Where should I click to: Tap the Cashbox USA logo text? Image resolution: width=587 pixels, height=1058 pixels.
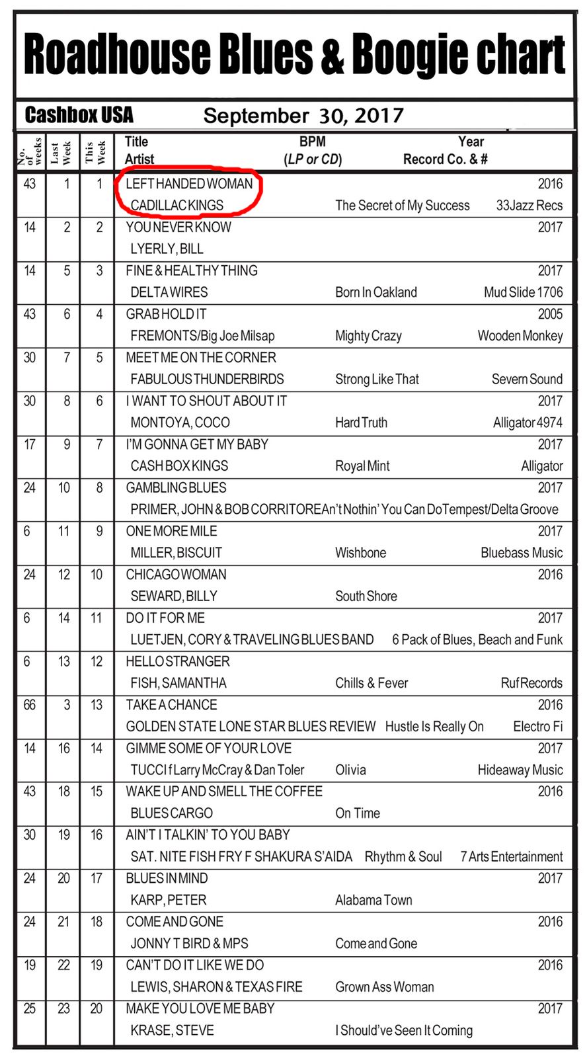pyautogui.click(x=79, y=115)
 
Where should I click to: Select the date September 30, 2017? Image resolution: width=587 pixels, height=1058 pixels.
pyautogui.click(x=303, y=116)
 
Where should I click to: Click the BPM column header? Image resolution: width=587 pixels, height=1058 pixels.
pyautogui.click(x=312, y=142)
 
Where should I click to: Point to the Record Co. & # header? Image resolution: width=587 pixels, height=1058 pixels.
pyautogui.click(x=446, y=159)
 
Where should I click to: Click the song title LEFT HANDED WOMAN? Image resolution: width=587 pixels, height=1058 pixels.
pyautogui.click(x=189, y=184)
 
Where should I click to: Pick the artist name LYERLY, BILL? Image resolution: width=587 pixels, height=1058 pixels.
pyautogui.click(x=167, y=249)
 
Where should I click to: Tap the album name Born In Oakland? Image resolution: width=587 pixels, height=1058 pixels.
pyautogui.click(x=375, y=292)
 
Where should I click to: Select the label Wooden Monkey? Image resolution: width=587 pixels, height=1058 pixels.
pyautogui.click(x=520, y=336)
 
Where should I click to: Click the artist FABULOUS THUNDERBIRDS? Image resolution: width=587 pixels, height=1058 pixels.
pyautogui.click(x=207, y=379)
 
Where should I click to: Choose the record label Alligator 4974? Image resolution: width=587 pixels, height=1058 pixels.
pyautogui.click(x=528, y=423)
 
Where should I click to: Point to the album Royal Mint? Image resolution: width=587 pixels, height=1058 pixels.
pyautogui.click(x=362, y=466)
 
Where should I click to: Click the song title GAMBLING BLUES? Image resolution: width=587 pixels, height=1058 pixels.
pyautogui.click(x=176, y=488)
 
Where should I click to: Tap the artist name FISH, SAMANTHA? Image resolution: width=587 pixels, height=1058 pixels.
pyautogui.click(x=178, y=683)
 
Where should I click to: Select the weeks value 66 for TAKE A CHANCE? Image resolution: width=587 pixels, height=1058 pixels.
pyautogui.click(x=30, y=705)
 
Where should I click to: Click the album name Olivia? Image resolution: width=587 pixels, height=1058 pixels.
pyautogui.click(x=350, y=770)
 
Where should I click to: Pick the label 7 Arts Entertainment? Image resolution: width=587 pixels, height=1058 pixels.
pyautogui.click(x=511, y=857)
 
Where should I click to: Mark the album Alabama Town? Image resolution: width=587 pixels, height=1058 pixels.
pyautogui.click(x=373, y=900)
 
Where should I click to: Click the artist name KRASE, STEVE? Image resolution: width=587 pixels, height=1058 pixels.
pyautogui.click(x=172, y=1030)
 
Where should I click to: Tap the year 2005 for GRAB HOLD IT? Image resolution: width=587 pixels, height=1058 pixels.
pyautogui.click(x=550, y=314)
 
